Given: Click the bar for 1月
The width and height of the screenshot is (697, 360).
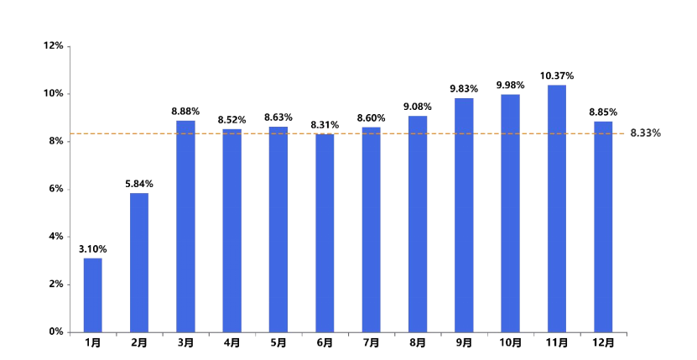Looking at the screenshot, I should pyautogui.click(x=92, y=294).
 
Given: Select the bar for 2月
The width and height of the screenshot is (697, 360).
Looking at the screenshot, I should pyautogui.click(x=139, y=262).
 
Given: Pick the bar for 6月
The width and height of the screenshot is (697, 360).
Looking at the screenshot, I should pyautogui.click(x=325, y=232).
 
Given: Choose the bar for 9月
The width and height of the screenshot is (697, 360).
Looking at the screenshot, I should pyautogui.click(x=464, y=214).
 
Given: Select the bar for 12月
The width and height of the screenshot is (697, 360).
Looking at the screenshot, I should pyautogui.click(x=603, y=226).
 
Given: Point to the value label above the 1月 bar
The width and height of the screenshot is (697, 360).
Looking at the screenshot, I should pyautogui.click(x=92, y=248).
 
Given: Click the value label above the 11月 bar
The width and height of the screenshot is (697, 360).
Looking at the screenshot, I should pyautogui.click(x=557, y=76).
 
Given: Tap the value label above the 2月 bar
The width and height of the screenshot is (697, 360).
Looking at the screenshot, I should pyautogui.click(x=139, y=184).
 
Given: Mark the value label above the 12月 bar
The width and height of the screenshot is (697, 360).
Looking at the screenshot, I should pyautogui.click(x=603, y=112).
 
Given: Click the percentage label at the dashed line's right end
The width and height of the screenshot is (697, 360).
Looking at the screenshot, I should pyautogui.click(x=646, y=133).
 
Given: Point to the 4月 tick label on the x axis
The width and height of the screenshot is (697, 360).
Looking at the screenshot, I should pyautogui.click(x=232, y=342).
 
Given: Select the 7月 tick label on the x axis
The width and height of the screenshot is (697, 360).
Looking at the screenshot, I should pyautogui.click(x=371, y=342).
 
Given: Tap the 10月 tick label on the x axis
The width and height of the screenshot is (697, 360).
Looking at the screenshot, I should pyautogui.click(x=510, y=342).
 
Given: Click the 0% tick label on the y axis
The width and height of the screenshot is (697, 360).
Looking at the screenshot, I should pyautogui.click(x=56, y=331).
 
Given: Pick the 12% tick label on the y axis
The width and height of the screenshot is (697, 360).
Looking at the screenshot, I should pyautogui.click(x=55, y=45).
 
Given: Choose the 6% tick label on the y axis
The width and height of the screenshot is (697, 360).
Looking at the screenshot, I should pyautogui.click(x=56, y=189).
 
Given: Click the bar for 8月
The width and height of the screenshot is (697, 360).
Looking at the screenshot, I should pyautogui.click(x=418, y=223).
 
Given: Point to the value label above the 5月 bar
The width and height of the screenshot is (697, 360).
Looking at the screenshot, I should pyautogui.click(x=278, y=117).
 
